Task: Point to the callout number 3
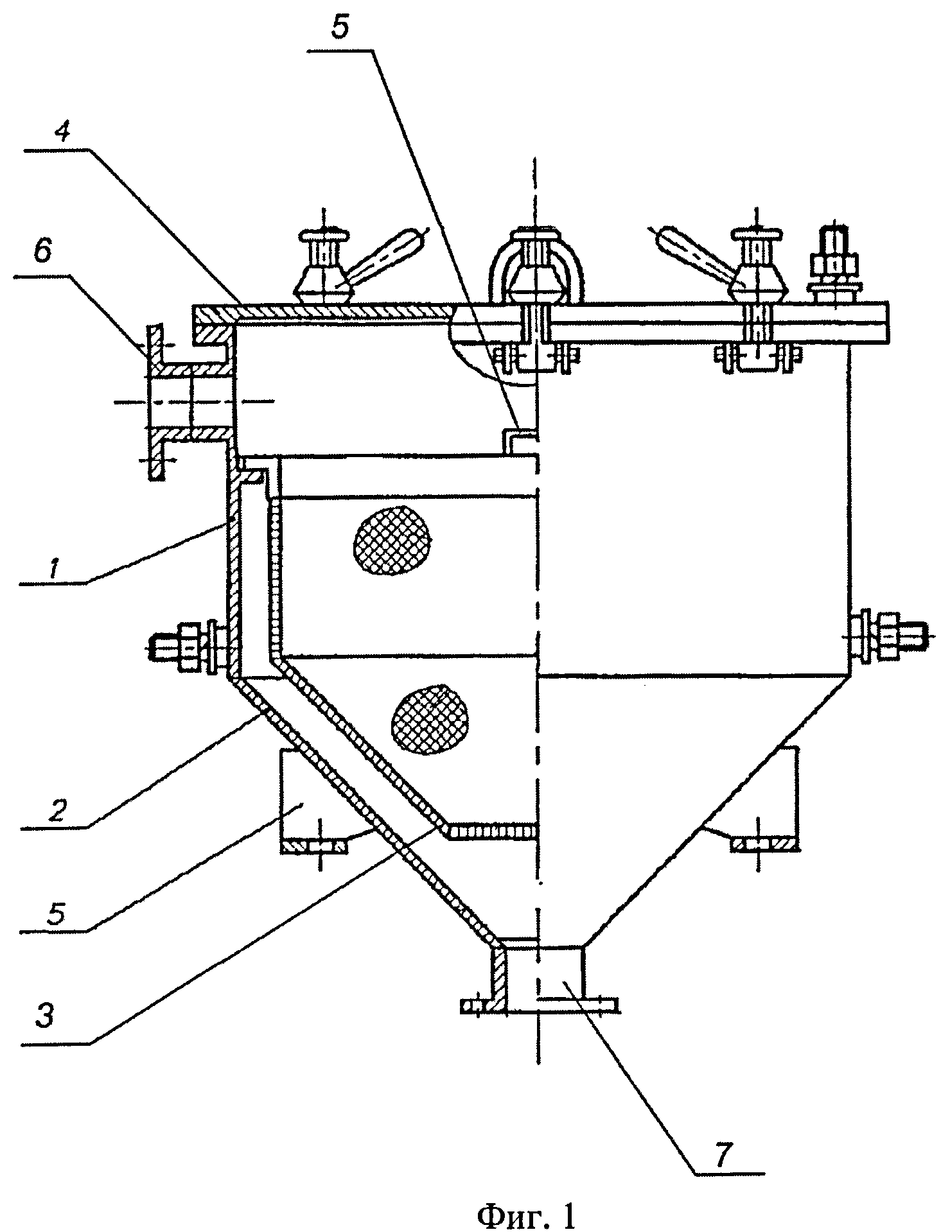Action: point(44,1018)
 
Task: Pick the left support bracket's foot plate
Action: point(314,847)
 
